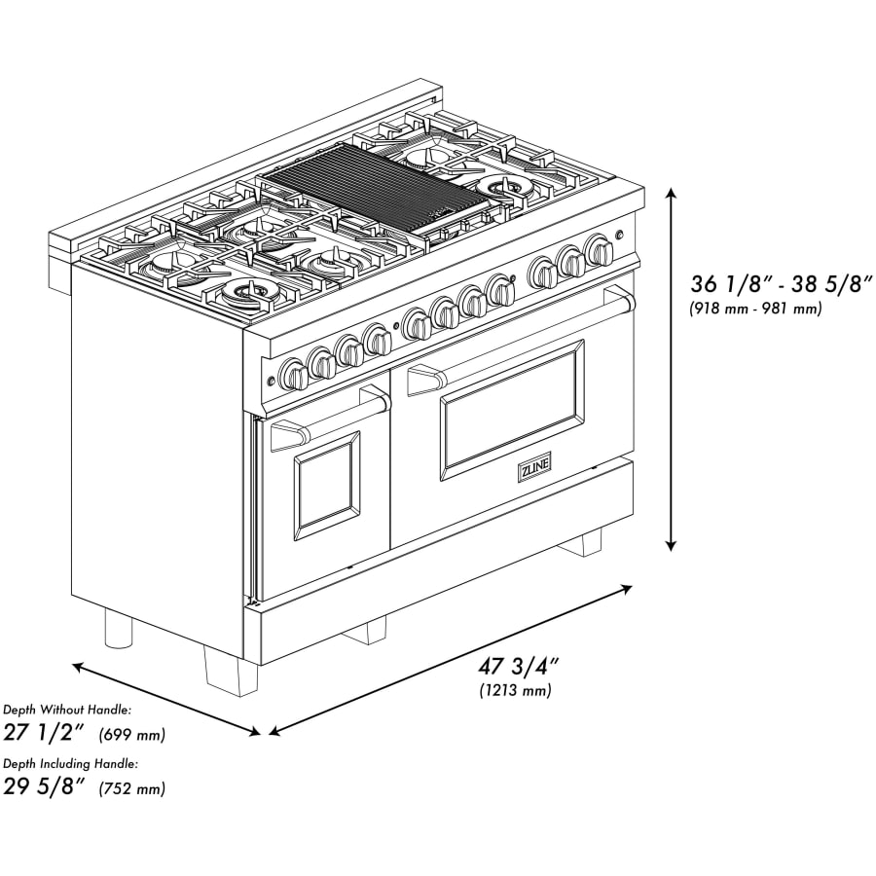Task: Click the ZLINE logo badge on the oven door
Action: click(x=534, y=466)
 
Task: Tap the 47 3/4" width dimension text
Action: click(x=519, y=667)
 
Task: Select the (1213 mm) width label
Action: click(x=515, y=690)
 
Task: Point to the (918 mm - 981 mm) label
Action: click(x=755, y=309)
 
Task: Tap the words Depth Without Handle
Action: click(x=67, y=711)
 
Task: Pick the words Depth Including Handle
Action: click(x=70, y=764)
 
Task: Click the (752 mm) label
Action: click(x=131, y=788)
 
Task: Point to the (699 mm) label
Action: click(x=131, y=735)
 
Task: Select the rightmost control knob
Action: click(x=599, y=250)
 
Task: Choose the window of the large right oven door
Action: click(x=511, y=410)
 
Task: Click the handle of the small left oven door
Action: click(x=331, y=420)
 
